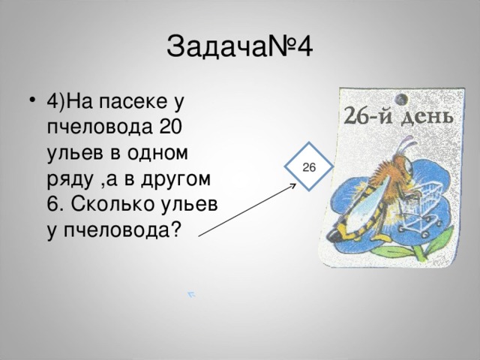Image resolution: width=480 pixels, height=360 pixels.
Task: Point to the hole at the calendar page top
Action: point(400,97)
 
